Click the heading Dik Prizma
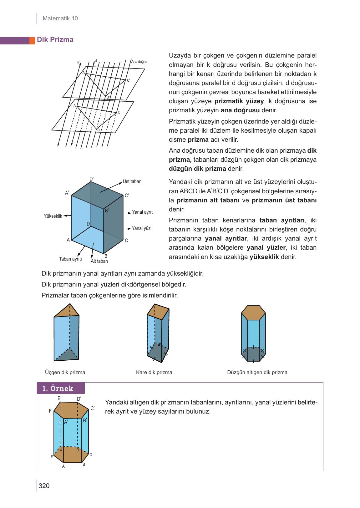pos(55,40)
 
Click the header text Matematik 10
pos(60,18)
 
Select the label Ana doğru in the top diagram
pos(139,62)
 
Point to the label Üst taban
pos(132,181)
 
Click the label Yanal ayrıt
pos(142,212)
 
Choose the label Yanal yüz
pos(141,228)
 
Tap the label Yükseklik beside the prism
pos(53,216)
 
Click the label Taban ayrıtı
pos(70,259)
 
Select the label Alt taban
pos(99,261)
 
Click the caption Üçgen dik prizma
pos(65,372)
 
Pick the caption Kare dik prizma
pos(154,372)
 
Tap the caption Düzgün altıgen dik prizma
pos(257,372)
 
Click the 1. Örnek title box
pos(61,388)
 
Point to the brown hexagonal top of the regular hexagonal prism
pos(253,312)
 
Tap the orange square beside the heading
pos(32,40)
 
